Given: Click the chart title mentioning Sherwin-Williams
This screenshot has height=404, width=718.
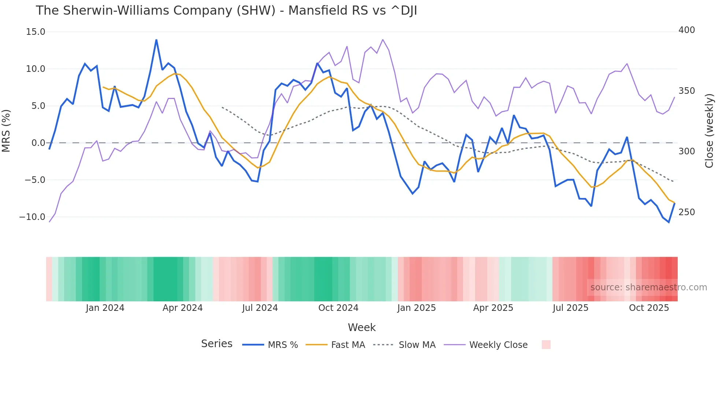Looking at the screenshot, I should tap(226, 11).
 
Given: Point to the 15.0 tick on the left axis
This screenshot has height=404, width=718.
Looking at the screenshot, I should tap(36, 32).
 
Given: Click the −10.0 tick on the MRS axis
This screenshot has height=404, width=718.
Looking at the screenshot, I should tap(32, 217).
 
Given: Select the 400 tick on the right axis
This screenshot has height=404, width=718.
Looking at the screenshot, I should tap(686, 30).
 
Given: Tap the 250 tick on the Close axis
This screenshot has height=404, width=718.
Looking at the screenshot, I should tap(686, 212).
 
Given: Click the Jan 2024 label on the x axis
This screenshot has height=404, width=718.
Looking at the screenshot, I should tap(105, 308).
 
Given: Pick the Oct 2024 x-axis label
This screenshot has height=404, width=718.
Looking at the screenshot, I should tap(338, 308).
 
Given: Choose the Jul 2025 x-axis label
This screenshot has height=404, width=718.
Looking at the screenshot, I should tap(570, 308).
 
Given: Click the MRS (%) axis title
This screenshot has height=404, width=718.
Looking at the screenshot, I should tap(6, 131).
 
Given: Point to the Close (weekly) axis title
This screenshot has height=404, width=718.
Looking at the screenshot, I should tap(709, 131).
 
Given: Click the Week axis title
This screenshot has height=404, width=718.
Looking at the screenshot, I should tap(362, 327).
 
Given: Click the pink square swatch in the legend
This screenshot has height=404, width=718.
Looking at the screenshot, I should tap(546, 345).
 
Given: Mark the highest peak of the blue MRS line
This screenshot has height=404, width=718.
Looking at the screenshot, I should tap(156, 40).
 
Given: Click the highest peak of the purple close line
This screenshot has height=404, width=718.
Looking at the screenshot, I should tap(383, 40).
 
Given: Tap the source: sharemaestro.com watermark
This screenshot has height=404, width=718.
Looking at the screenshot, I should tap(648, 287).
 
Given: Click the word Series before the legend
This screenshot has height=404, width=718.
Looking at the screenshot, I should tap(216, 344).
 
